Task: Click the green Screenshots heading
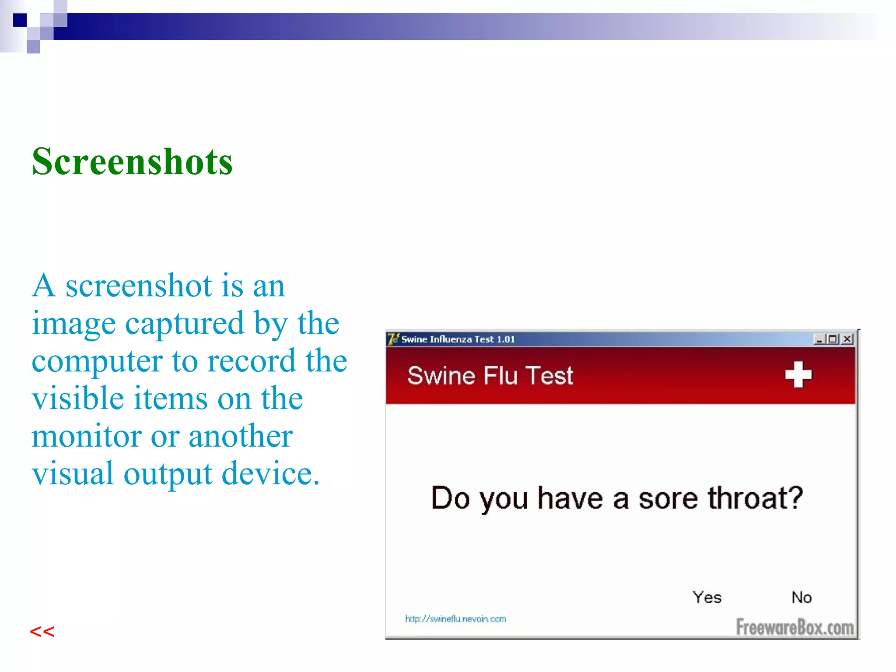pos(132,162)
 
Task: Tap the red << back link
pos(42,632)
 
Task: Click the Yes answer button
pos(707,598)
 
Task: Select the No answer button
pos(801,598)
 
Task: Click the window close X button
pos(847,339)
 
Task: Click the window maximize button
pos(833,339)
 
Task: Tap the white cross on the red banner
pos(798,375)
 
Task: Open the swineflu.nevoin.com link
pos(455,619)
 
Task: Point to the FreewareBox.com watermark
pos(795,627)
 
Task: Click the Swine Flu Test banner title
pos(490,376)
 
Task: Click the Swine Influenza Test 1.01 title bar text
pos(458,339)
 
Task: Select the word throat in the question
pos(756,498)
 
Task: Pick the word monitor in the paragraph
pos(86,436)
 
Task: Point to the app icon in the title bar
pos(393,339)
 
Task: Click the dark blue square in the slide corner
pos(20,20)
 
